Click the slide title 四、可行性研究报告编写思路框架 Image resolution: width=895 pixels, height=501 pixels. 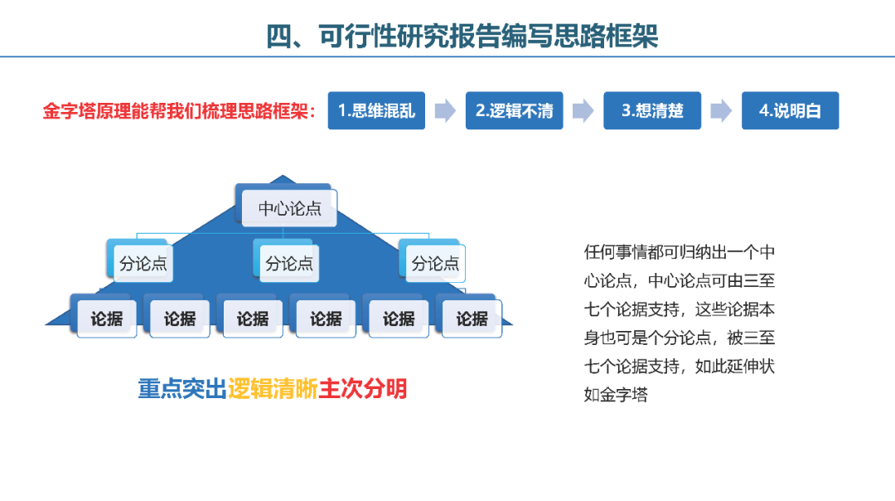(462, 36)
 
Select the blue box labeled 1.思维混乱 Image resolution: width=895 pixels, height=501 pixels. (376, 110)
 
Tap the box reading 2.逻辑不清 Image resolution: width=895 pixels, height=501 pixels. (515, 110)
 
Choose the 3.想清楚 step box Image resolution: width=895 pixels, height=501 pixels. (652, 110)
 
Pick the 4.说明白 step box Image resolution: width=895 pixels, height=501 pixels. (791, 110)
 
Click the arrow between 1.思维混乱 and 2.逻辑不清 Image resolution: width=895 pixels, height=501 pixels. (445, 110)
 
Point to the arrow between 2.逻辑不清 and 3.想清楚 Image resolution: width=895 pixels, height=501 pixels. (583, 110)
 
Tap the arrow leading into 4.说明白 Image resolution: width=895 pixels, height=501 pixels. (722, 110)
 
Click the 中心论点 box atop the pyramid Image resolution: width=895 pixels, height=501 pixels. (289, 208)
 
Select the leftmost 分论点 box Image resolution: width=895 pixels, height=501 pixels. (143, 263)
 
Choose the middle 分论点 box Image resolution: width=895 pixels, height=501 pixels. (289, 263)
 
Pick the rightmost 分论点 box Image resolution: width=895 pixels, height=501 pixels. (436, 263)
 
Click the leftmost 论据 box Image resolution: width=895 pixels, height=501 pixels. (107, 319)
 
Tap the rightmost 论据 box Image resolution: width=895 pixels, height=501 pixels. (472, 319)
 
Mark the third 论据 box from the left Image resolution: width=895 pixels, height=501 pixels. (253, 319)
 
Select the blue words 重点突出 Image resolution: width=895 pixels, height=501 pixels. (182, 389)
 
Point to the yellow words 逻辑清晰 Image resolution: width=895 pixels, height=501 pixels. (273, 389)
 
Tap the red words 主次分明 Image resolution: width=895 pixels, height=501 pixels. (362, 389)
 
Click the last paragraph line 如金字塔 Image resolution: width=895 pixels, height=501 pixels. (616, 395)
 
